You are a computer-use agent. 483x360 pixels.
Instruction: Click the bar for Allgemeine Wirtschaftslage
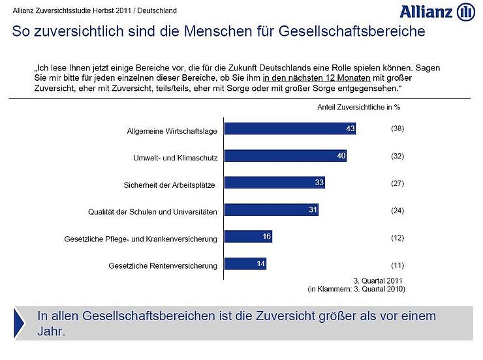pyautogui.click(x=290, y=128)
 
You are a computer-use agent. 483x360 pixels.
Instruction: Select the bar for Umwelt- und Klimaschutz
pyautogui.click(x=285, y=156)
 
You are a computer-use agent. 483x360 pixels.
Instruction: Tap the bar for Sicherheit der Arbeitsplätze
pyautogui.click(x=274, y=183)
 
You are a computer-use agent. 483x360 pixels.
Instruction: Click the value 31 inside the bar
pyautogui.click(x=313, y=209)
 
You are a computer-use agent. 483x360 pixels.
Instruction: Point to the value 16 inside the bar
pyautogui.click(x=266, y=236)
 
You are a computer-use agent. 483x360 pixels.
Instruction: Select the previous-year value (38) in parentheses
pyautogui.click(x=397, y=128)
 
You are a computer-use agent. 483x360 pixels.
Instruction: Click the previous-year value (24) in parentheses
pyautogui.click(x=397, y=210)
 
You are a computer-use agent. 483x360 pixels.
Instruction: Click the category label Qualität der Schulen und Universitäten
pyautogui.click(x=152, y=212)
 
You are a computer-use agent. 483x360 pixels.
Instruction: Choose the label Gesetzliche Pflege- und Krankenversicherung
pyautogui.click(x=140, y=239)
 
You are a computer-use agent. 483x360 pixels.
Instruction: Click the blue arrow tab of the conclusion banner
pyautogui.click(x=21, y=322)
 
